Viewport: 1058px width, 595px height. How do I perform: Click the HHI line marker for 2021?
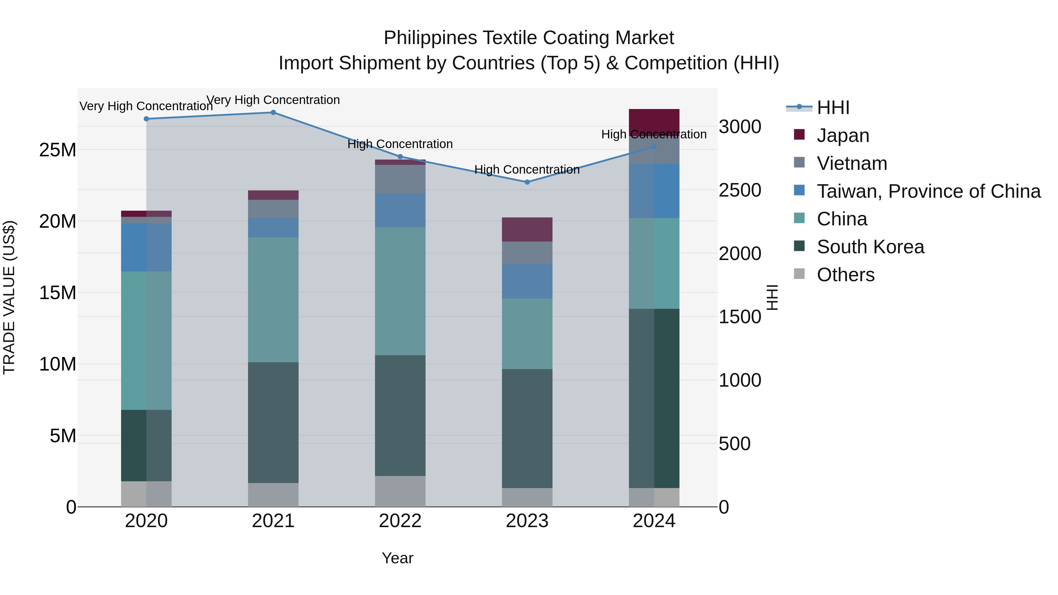pyautogui.click(x=273, y=113)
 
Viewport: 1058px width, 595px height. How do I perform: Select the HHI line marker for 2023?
pyautogui.click(x=527, y=182)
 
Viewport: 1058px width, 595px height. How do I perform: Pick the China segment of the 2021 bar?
pyautogui.click(x=273, y=300)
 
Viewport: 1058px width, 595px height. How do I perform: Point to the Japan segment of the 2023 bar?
pyautogui.click(x=527, y=229)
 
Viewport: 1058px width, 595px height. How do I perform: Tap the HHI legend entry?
pyautogui.click(x=833, y=108)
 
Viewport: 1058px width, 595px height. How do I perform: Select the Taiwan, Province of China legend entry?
pyautogui.click(x=928, y=191)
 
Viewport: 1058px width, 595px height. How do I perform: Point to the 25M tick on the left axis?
pyautogui.click(x=58, y=150)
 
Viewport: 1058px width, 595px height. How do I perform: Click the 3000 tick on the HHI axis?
pyautogui.click(x=740, y=127)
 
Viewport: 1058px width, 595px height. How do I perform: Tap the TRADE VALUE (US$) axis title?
pyautogui.click(x=9, y=297)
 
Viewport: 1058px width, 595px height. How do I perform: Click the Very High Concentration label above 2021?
pyautogui.click(x=273, y=100)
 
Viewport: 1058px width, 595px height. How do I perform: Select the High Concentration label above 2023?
pyautogui.click(x=527, y=170)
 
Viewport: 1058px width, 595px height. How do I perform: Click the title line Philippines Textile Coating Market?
pyautogui.click(x=529, y=38)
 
